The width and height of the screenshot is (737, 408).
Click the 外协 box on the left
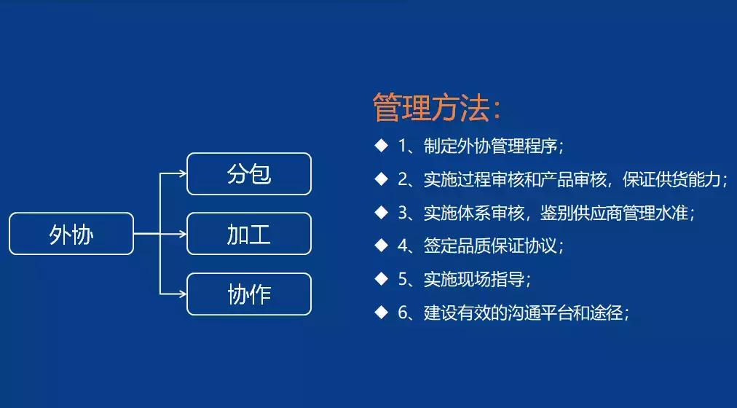point(71,234)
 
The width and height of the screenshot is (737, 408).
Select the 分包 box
point(249,174)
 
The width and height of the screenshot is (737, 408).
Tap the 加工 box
point(249,234)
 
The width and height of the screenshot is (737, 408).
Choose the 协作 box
point(249,294)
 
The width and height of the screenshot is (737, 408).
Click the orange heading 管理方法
point(437,108)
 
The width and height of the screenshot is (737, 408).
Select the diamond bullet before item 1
point(381,145)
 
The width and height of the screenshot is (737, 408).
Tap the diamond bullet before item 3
point(381,212)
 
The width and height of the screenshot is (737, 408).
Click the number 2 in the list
point(403,179)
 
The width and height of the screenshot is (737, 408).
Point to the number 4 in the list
point(403,246)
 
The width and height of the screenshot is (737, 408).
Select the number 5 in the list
point(403,279)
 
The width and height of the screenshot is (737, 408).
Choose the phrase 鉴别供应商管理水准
point(617,213)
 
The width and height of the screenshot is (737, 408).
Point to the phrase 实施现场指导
point(473,279)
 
